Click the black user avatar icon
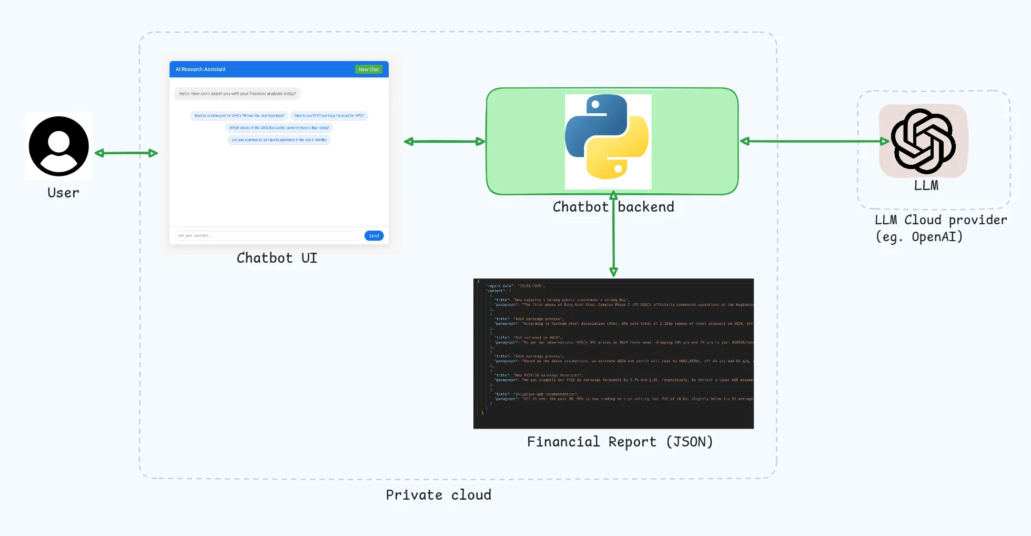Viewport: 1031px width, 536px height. pos(59,146)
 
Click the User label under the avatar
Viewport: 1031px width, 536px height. pos(63,193)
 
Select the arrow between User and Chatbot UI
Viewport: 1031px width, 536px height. pos(126,153)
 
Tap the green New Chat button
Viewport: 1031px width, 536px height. pos(369,70)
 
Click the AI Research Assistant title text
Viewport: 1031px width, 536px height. pos(200,70)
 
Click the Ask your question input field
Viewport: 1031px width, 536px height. pos(268,236)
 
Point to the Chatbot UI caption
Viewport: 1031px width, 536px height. pos(277,258)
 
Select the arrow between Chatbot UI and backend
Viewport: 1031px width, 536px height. pos(444,142)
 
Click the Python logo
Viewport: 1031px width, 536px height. pos(608,138)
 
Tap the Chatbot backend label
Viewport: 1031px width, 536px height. pos(613,207)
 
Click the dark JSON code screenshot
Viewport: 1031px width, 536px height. pos(613,353)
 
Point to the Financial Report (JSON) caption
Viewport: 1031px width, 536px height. pos(620,442)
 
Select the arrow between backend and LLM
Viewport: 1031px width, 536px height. pos(814,141)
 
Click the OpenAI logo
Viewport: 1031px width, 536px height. pos(923,141)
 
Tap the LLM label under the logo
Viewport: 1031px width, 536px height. pos(926,185)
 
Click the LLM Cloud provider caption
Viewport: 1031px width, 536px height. pos(940,228)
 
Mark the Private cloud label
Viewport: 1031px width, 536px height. pos(438,495)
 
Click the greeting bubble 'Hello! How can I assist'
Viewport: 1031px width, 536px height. pos(237,94)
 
